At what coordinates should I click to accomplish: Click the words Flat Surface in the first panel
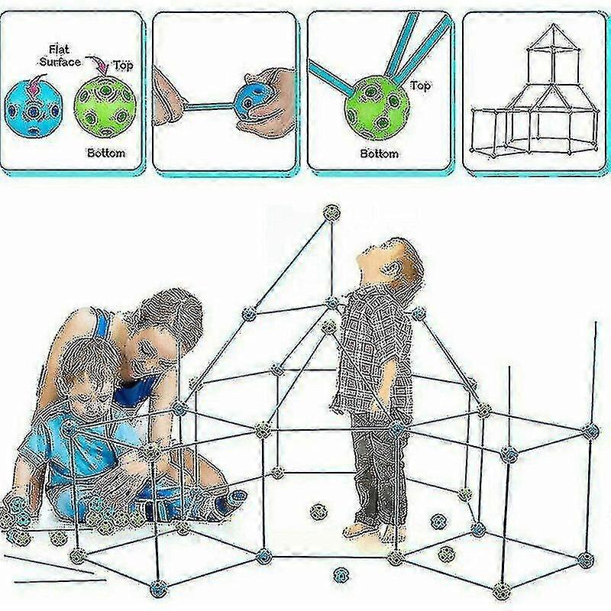[x=60, y=56]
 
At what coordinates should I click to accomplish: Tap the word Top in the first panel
[x=123, y=66]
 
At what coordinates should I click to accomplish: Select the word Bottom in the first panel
[x=106, y=153]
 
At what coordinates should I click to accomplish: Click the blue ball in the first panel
[x=34, y=108]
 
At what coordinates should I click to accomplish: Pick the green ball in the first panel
[x=105, y=106]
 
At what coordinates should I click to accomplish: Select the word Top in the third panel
[x=420, y=85]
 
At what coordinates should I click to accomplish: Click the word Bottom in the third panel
[x=379, y=154]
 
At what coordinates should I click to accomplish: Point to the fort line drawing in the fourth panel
[x=535, y=89]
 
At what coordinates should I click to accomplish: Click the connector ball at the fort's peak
[x=332, y=213]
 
